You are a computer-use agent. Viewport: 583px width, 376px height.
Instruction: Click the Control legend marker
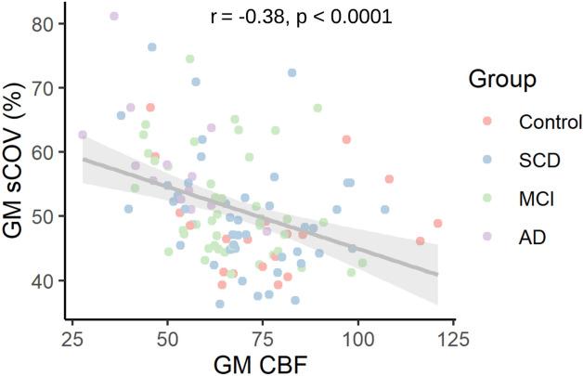pos(488,122)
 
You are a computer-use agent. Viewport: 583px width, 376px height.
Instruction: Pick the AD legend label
pos(532,237)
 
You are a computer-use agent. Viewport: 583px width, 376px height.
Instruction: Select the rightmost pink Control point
pos(437,223)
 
